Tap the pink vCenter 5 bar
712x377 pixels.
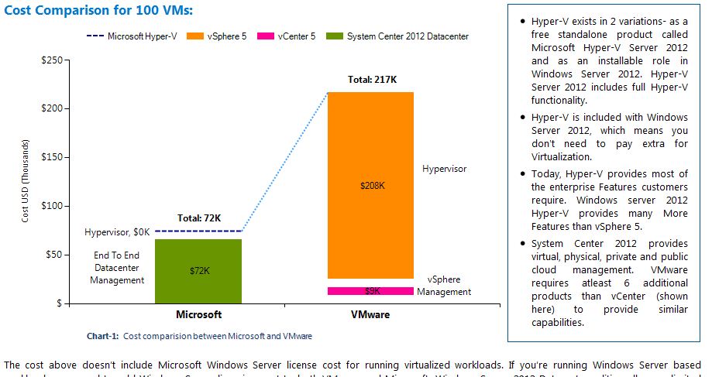point(370,291)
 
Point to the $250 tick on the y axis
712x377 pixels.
point(52,60)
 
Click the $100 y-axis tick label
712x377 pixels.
point(52,206)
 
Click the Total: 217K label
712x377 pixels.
point(372,79)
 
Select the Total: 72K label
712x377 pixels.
point(200,218)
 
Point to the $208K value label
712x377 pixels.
point(372,186)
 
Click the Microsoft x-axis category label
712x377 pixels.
point(199,314)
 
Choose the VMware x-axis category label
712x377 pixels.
point(370,314)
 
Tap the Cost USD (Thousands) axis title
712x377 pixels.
point(26,182)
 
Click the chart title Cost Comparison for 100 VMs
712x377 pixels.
point(98,10)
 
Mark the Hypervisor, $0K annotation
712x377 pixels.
point(118,231)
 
